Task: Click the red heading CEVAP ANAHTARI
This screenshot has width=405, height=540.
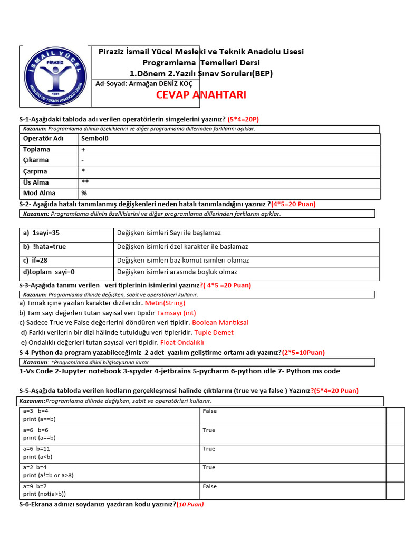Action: tap(194, 95)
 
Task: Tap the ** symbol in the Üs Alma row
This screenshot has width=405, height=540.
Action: tap(85, 182)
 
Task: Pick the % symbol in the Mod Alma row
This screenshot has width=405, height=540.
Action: tap(84, 194)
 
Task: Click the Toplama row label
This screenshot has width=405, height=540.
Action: tap(36, 150)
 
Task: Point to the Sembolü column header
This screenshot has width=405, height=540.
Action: tap(94, 139)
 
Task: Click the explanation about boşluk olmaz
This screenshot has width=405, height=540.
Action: tap(177, 272)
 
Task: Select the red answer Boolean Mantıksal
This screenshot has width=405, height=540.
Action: tap(220, 323)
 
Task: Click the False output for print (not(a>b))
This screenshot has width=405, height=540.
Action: tap(209, 486)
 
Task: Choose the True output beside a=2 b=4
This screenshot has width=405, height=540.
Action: tap(209, 467)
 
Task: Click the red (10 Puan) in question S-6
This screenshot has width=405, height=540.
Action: tap(190, 505)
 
